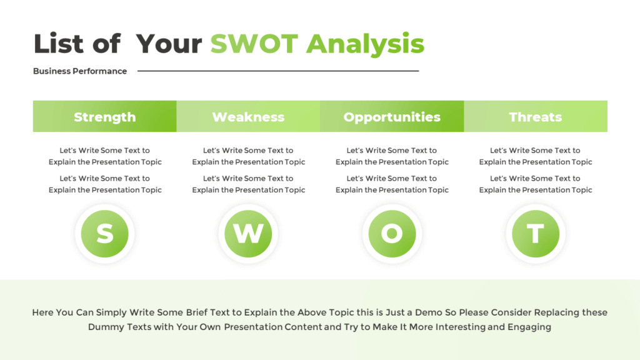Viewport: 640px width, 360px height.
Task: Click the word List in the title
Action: click(57, 44)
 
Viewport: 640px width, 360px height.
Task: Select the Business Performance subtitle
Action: click(80, 71)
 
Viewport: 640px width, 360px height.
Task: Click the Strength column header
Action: click(104, 117)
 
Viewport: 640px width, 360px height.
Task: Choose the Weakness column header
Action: click(248, 117)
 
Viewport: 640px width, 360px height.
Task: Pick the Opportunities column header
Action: click(392, 117)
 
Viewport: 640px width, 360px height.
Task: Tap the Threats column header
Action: click(536, 117)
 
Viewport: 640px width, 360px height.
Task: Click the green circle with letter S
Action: click(104, 234)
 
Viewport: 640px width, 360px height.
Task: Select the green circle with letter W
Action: click(248, 234)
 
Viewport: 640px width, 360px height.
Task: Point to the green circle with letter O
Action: click(392, 234)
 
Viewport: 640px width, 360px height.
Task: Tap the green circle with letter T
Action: click(536, 234)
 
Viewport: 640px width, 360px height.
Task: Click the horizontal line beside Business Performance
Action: click(278, 71)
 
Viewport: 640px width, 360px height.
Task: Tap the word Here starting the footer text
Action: click(44, 312)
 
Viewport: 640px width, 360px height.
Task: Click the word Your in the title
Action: click(169, 44)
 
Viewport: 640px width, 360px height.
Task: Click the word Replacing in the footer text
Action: click(553, 312)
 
